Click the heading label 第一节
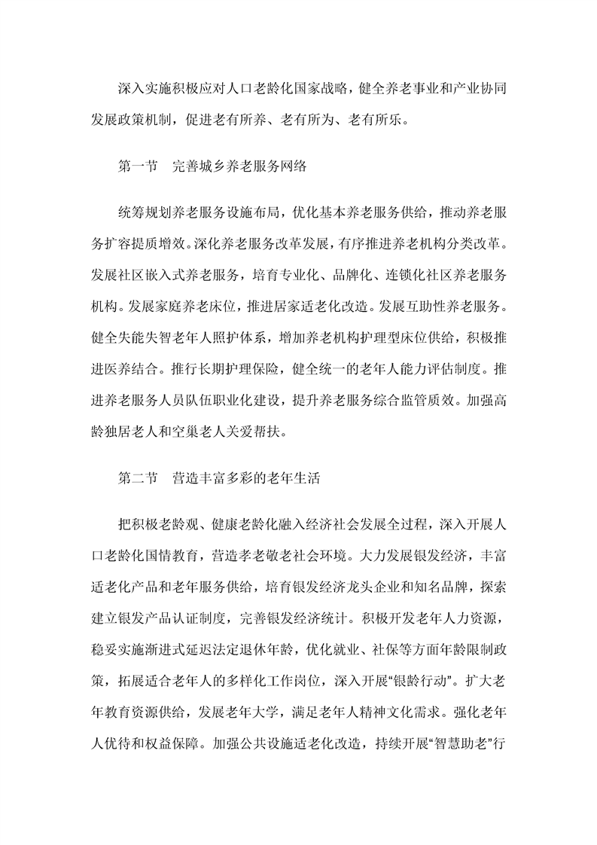(x=136, y=169)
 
